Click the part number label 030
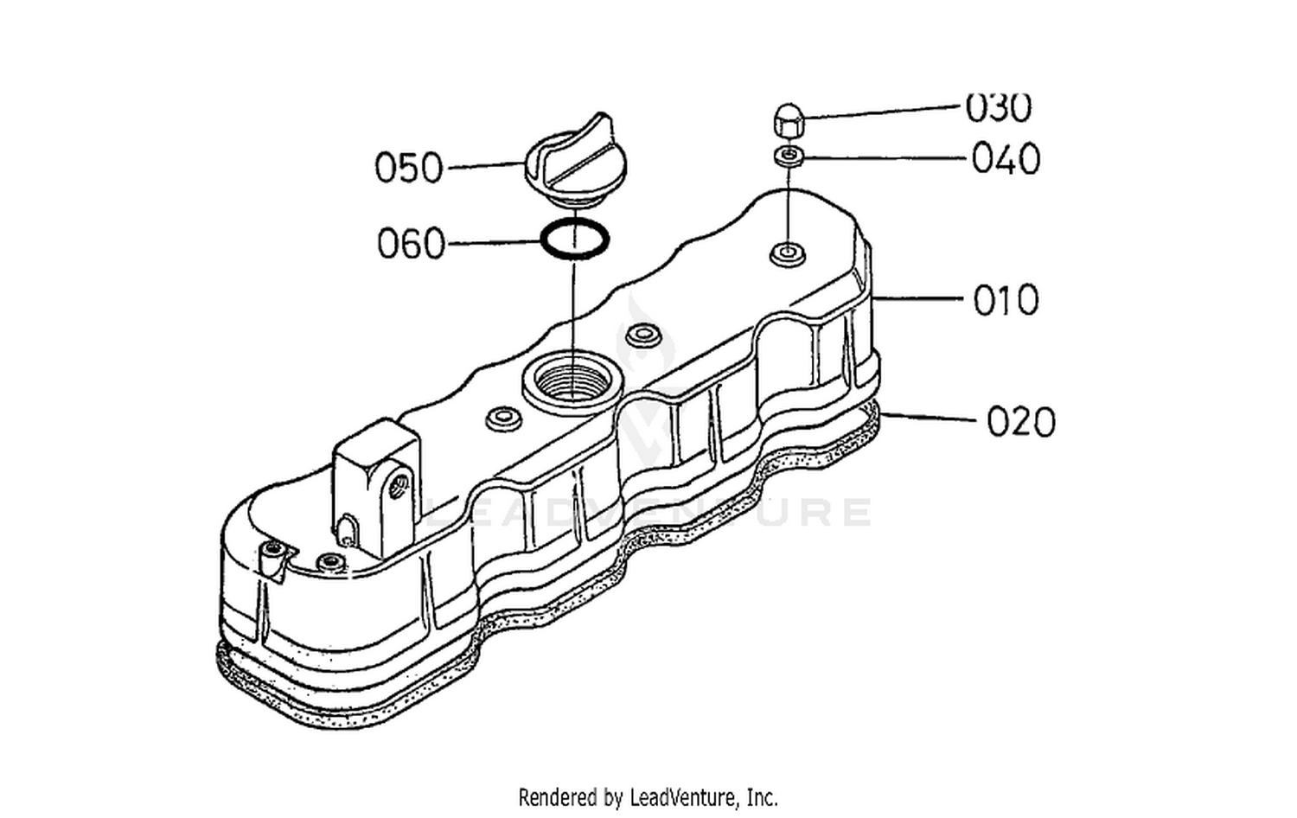998,108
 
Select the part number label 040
1006,159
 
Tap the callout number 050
409,168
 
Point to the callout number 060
411,244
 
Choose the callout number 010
1006,300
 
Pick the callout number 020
1021,422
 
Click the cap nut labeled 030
788,121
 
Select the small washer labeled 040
788,156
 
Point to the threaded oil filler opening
572,383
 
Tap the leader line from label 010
917,299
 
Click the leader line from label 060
495,243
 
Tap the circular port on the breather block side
399,486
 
